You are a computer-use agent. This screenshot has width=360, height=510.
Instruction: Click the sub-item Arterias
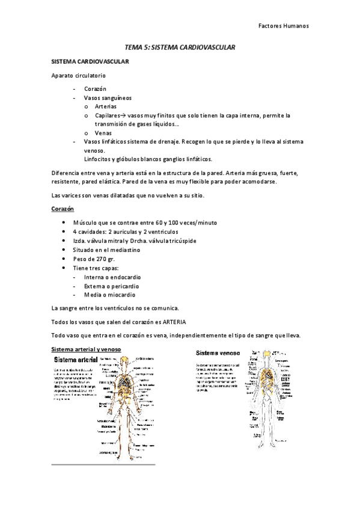click(x=106, y=106)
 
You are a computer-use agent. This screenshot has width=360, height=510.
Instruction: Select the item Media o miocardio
click(x=110, y=295)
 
